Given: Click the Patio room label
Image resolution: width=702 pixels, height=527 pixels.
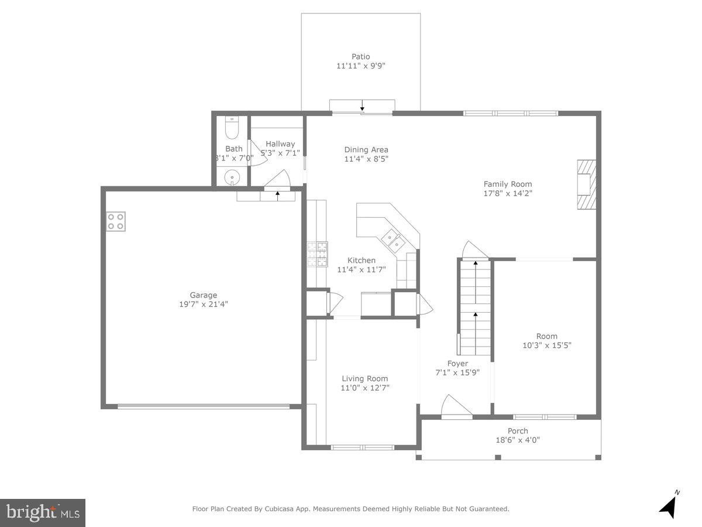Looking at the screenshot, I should pyautogui.click(x=360, y=57).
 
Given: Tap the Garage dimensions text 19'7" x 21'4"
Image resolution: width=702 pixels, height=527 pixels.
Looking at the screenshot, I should pyautogui.click(x=204, y=304).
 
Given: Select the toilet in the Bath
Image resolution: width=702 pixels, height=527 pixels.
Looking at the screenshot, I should pyautogui.click(x=232, y=127).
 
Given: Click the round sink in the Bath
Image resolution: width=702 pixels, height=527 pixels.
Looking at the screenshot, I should pyautogui.click(x=233, y=176).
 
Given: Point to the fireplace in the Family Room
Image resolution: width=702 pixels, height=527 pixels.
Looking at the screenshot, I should pyautogui.click(x=586, y=184).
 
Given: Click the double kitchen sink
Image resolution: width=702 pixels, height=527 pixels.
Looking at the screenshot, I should pyautogui.click(x=393, y=238).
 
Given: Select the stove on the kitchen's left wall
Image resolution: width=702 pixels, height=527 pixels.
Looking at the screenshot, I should pyautogui.click(x=318, y=254).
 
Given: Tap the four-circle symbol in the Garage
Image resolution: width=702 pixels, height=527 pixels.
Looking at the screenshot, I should pyautogui.click(x=116, y=221).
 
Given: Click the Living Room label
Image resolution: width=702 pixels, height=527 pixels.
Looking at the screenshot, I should pyautogui.click(x=364, y=378).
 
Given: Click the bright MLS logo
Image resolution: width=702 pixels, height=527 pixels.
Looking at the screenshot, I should pyautogui.click(x=43, y=512).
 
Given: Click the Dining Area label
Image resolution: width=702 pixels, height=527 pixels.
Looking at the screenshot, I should pyautogui.click(x=366, y=149).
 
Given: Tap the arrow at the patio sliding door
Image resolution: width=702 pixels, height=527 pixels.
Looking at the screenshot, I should pyautogui.click(x=362, y=106).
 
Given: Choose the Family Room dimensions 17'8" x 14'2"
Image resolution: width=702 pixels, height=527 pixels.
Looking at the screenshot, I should pyautogui.click(x=507, y=193).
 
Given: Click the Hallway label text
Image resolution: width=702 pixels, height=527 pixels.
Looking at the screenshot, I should pyautogui.click(x=280, y=143).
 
